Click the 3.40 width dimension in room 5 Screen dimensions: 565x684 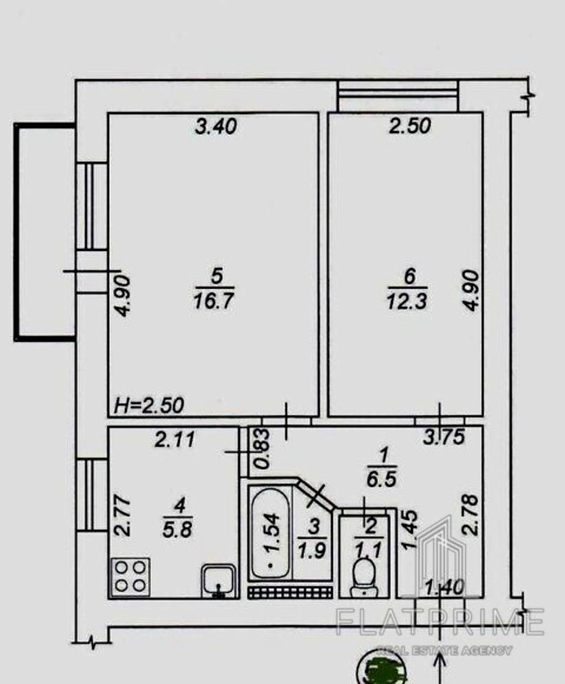click(x=216, y=127)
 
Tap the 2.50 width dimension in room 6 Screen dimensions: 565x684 click(x=410, y=126)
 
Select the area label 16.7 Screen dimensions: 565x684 click(x=214, y=301)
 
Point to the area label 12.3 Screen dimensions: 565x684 click(x=407, y=302)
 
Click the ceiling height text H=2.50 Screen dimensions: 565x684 click(x=149, y=405)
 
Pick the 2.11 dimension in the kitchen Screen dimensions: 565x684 click(x=175, y=439)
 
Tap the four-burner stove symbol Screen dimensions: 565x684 click(x=130, y=577)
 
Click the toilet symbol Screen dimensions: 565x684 click(x=365, y=579)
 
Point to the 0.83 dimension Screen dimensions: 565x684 click(x=263, y=450)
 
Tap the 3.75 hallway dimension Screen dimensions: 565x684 click(x=444, y=437)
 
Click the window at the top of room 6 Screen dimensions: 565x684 click(x=398, y=95)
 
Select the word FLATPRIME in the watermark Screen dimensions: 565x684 click(x=440, y=621)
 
